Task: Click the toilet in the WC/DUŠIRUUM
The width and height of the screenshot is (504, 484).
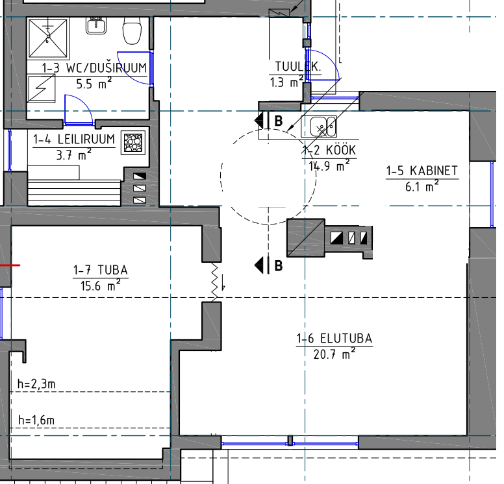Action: click(x=132, y=30)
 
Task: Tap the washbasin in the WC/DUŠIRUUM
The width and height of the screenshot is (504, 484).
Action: click(x=95, y=26)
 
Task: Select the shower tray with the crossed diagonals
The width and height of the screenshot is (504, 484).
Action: click(x=48, y=38)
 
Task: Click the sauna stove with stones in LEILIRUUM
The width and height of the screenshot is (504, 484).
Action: click(x=133, y=143)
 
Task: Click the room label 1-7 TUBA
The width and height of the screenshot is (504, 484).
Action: click(x=101, y=270)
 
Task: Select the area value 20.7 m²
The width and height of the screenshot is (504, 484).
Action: click(x=334, y=355)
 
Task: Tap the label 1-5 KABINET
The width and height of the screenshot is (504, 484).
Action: click(x=422, y=171)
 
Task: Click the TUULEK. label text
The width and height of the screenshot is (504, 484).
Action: click(x=297, y=67)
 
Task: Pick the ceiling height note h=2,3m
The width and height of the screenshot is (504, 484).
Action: click(x=36, y=383)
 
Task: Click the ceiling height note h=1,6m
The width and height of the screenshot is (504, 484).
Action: click(x=36, y=420)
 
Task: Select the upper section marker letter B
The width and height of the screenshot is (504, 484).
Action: click(x=279, y=121)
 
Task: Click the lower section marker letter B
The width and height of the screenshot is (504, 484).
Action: click(x=279, y=265)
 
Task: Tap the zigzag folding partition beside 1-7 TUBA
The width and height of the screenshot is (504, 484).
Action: click(x=215, y=282)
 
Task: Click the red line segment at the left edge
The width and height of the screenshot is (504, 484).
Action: click(x=10, y=265)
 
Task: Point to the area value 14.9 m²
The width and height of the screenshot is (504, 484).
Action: click(x=329, y=166)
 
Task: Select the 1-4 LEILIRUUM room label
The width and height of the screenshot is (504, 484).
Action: click(x=74, y=139)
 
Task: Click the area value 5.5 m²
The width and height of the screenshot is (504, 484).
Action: click(x=94, y=84)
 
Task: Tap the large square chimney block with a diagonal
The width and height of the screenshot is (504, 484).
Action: click(x=306, y=238)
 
